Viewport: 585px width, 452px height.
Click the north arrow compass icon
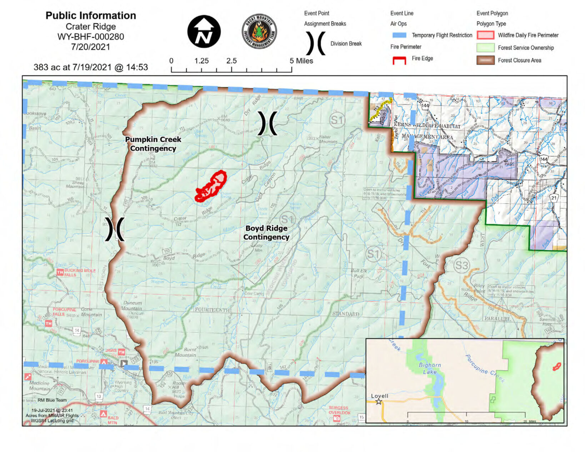click(x=204, y=31)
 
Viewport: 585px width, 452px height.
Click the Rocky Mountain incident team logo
click(x=259, y=31)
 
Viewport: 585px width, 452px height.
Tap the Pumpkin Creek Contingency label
click(x=153, y=144)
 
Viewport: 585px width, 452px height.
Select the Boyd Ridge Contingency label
click(x=266, y=232)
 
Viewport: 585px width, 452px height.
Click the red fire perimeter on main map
click(x=211, y=186)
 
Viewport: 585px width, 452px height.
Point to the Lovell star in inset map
click(x=379, y=402)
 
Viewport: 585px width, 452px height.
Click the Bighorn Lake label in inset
click(x=430, y=368)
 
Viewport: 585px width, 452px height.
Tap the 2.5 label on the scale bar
click(x=231, y=61)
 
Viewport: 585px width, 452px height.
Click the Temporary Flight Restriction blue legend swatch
click(x=399, y=35)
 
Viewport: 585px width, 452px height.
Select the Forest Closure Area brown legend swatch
click(x=485, y=60)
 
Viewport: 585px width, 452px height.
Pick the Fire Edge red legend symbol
click(x=399, y=60)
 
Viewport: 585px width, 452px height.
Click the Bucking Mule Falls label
click(x=80, y=272)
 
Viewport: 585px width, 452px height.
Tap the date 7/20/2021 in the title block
click(x=91, y=47)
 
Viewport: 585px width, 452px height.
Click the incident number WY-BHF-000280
click(x=91, y=37)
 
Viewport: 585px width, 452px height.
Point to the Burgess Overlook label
click(x=339, y=410)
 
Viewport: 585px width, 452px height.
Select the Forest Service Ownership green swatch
click(x=485, y=48)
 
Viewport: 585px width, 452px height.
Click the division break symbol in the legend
click(x=316, y=44)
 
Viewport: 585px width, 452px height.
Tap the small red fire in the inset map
click(x=556, y=366)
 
